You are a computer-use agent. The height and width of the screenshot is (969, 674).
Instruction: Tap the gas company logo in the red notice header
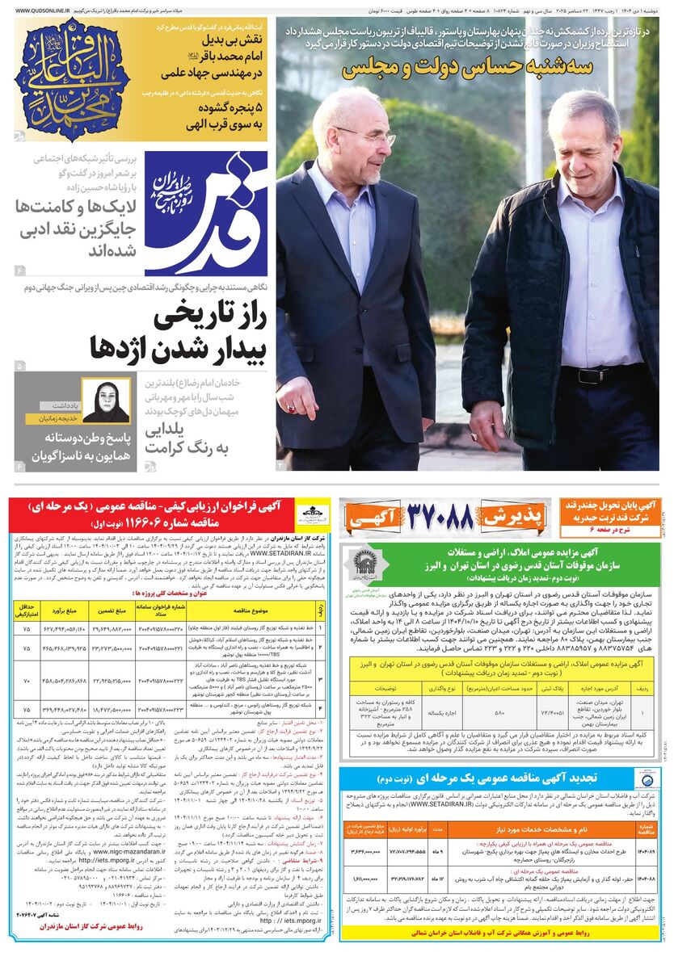308,512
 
